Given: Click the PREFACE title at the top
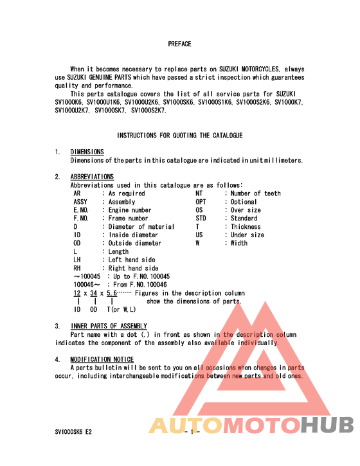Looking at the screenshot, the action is (179, 44).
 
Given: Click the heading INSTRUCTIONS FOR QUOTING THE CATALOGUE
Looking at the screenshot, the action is (179, 136).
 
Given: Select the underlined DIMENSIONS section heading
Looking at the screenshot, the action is (87, 152).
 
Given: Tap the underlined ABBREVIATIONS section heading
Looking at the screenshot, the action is (92, 177).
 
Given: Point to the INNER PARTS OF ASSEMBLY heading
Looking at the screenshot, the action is (109, 326).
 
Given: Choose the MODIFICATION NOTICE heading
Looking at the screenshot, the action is (102, 359).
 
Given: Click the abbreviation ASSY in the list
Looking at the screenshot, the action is (81, 202).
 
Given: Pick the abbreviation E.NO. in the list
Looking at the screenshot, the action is (81, 210).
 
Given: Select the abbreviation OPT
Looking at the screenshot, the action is (201, 202).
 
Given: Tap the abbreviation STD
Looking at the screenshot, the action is (201, 219).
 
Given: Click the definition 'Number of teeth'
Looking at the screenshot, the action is (256, 193).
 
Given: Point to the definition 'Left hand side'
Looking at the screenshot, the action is (132, 260).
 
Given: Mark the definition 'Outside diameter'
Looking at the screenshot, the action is (135, 244).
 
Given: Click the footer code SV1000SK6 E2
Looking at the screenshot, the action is (73, 432).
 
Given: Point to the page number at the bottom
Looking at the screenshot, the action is (192, 432).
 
